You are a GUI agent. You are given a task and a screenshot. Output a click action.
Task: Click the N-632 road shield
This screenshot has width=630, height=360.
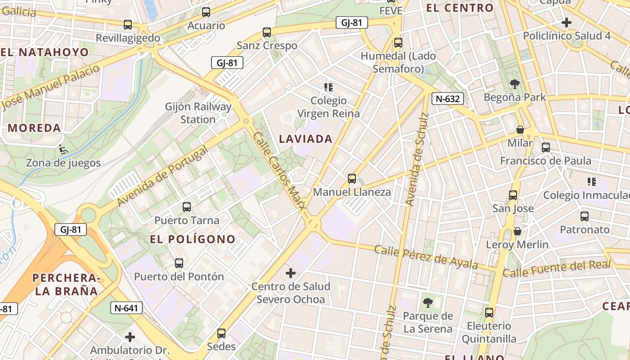pos(448,99)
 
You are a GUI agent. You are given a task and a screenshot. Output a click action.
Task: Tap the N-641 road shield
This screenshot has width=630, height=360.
pos(126,308)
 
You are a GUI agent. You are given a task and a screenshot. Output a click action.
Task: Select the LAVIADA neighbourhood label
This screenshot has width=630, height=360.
pos(306,139)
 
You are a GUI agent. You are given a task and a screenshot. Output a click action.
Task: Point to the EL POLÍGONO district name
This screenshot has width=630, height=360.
pos(193,239)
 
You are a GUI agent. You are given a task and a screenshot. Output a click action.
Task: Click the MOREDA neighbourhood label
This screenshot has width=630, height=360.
pos(35,128)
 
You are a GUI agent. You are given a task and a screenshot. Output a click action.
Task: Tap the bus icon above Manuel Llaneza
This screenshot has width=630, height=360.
pos(352,179)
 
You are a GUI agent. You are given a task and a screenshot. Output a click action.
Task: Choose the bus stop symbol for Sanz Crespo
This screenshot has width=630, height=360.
pos(267,32)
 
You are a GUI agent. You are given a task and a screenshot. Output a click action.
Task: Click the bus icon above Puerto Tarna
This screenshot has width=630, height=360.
pos(187,207)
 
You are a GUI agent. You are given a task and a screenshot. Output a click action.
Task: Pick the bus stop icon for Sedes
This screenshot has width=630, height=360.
pos(221,333)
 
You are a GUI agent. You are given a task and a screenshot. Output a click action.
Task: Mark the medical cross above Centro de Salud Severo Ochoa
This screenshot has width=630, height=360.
pos(291,273)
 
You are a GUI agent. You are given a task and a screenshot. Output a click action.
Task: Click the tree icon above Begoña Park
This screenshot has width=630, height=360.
pos(514,84)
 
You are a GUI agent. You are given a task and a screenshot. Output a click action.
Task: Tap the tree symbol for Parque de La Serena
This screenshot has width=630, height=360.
pos(427,302)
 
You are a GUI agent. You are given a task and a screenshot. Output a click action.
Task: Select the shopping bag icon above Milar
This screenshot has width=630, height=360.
pos(520,130)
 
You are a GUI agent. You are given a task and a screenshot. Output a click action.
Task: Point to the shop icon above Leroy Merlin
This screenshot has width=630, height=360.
pos(517,231)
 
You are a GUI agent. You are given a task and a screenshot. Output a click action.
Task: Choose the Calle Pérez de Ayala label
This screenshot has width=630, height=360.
pos(426,256)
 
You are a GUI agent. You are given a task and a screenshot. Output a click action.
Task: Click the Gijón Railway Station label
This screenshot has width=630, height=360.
pos(198,113)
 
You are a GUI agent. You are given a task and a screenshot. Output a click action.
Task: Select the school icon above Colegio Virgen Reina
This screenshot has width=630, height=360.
pos(328,87)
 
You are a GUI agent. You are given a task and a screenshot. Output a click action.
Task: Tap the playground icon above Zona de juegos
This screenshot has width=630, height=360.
pos(63,149)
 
